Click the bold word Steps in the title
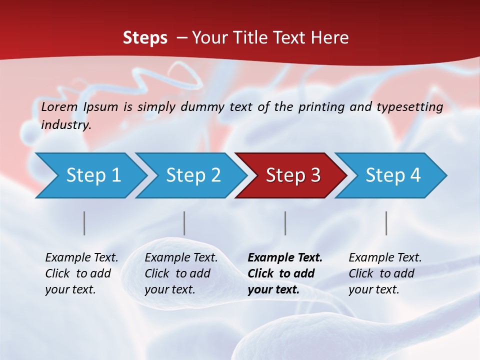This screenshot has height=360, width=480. click(x=145, y=38)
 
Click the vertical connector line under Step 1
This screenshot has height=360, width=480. click(x=84, y=223)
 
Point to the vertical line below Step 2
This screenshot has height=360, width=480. click(x=184, y=223)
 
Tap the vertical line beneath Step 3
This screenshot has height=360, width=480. click(x=285, y=223)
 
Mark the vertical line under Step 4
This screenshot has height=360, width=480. click(x=386, y=223)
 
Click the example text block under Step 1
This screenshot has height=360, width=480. click(x=81, y=273)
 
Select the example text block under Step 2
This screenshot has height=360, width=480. click(x=181, y=273)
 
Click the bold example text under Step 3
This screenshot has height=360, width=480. click(x=284, y=273)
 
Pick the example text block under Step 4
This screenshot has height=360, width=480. click(x=385, y=273)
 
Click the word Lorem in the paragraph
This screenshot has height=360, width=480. click(x=59, y=107)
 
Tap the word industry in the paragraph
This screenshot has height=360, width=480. click(x=65, y=125)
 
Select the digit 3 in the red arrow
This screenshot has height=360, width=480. click(x=315, y=175)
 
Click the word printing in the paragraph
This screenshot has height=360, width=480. click(x=321, y=107)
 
